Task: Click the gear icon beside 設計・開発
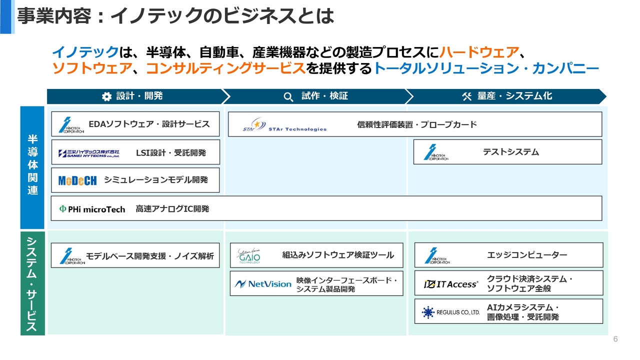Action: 106,96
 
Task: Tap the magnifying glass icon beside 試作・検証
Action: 288,97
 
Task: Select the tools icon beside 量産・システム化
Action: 467,96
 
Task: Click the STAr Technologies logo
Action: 284,124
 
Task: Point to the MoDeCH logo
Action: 77,180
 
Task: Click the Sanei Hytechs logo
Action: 89,153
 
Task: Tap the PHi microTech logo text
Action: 92,209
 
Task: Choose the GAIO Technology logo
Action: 249,255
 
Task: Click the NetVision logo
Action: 263,284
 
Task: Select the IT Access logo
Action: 451,284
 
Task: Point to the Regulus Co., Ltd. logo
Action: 451,312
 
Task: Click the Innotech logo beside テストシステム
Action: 436,152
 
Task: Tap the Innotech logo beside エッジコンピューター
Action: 437,255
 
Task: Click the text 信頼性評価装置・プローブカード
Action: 417,124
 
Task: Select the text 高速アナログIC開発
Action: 172,209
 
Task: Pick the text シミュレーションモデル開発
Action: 155,179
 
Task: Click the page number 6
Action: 615,339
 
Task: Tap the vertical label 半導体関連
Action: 32,164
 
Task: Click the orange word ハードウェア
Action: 479,52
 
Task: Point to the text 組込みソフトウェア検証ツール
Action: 338,255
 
